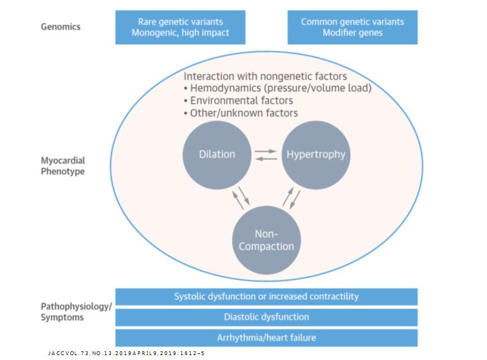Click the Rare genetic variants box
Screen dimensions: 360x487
pos(180,27)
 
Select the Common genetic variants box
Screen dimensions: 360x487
pos(352,27)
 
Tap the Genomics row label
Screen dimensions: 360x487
pos(60,27)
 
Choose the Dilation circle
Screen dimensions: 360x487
pos(217,154)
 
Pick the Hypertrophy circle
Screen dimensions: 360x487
pos(316,154)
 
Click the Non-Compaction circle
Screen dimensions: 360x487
pos(266,240)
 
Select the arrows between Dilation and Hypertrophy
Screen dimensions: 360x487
pos(266,155)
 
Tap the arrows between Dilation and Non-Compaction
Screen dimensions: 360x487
pos(240,197)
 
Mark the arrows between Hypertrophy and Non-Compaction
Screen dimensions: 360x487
pos(291,197)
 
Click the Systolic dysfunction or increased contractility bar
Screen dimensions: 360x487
pos(266,297)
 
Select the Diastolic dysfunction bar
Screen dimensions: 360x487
pos(266,317)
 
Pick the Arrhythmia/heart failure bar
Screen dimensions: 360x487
pos(266,338)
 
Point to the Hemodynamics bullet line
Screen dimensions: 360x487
pos(278,88)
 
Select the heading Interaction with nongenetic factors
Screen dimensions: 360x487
pos(266,76)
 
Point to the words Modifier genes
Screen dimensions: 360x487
pos(352,33)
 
